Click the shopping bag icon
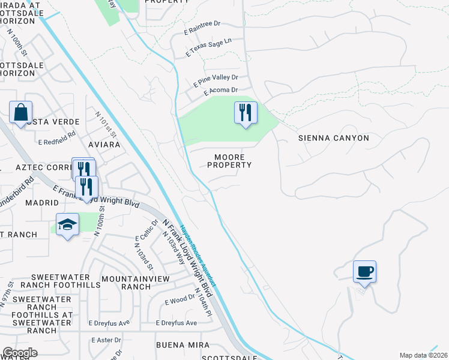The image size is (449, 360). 20,113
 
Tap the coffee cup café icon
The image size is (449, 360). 364,272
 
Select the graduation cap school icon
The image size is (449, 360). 68,224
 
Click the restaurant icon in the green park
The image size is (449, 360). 245,112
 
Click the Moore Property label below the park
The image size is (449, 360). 229,161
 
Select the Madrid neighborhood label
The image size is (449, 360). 41,203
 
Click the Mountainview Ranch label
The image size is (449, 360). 126,283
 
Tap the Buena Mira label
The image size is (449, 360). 182,345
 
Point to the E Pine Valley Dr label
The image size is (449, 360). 215,78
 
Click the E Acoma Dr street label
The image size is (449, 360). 220,91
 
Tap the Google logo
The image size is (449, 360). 20,353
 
